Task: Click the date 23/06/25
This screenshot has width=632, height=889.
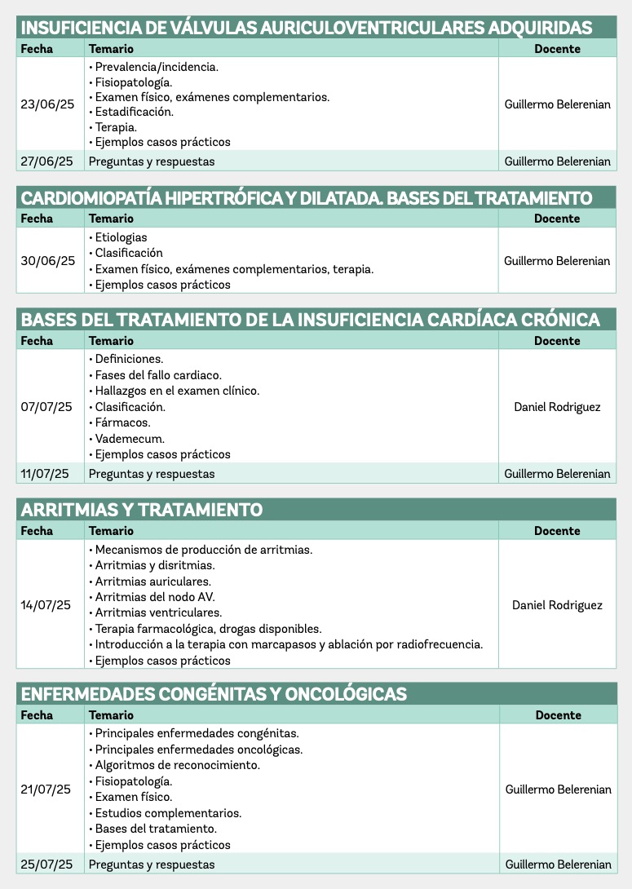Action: pyautogui.click(x=46, y=104)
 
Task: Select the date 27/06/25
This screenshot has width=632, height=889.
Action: pyautogui.click(x=46, y=161)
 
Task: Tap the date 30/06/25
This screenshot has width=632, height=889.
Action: pyautogui.click(x=47, y=261)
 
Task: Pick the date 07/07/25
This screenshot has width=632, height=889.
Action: pyautogui.click(x=46, y=407)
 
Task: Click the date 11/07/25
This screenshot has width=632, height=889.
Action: pyautogui.click(x=46, y=474)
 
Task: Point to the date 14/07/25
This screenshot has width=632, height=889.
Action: pyautogui.click(x=46, y=605)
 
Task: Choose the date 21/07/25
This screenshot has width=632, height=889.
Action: pyautogui.click(x=46, y=789)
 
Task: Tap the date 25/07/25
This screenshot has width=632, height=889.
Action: pyautogui.click(x=46, y=865)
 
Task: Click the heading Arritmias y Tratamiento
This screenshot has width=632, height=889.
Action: pyautogui.click(x=142, y=510)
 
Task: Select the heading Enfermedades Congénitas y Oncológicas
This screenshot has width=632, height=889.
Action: pyautogui.click(x=214, y=694)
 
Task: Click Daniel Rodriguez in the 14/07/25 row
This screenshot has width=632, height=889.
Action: pyautogui.click(x=557, y=605)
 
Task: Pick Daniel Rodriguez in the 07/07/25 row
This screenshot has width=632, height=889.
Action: pyautogui.click(x=557, y=407)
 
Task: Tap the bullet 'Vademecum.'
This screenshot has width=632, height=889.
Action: pyautogui.click(x=130, y=439)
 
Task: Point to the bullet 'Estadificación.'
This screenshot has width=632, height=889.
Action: pyautogui.click(x=135, y=112)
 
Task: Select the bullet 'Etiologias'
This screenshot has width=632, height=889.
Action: pyautogui.click(x=122, y=237)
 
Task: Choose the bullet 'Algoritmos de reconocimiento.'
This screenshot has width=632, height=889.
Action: pyautogui.click(x=178, y=765)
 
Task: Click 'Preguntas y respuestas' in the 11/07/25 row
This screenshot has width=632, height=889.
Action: pyautogui.click(x=152, y=474)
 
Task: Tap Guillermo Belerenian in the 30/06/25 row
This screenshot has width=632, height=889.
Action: pyautogui.click(x=557, y=261)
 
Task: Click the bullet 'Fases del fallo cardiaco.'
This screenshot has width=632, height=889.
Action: pyautogui.click(x=158, y=375)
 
